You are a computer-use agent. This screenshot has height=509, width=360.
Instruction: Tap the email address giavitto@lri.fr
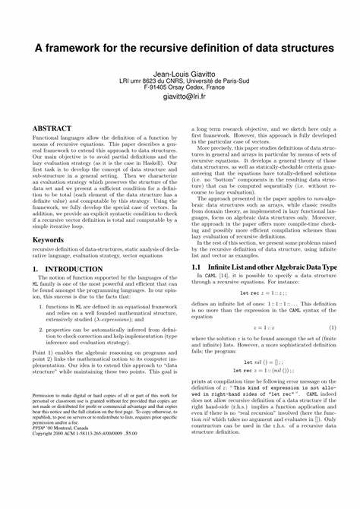tap(180, 96)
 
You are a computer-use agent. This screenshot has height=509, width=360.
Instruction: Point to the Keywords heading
tap(47, 239)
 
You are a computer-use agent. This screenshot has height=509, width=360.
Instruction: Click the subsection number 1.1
tap(194, 267)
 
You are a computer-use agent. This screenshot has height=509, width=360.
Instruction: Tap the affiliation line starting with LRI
tap(180, 78)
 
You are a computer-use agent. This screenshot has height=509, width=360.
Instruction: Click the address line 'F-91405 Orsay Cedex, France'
tap(180, 86)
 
